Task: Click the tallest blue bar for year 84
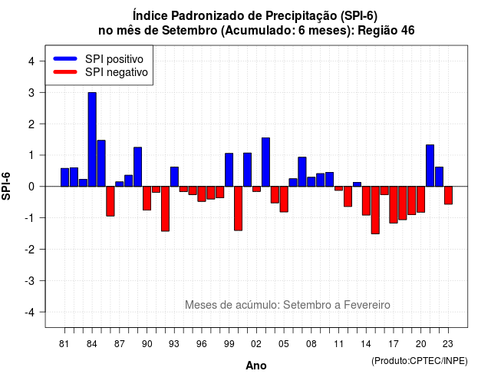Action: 92,140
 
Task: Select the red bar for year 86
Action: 110,201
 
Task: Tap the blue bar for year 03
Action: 265,162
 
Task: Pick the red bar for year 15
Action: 375,210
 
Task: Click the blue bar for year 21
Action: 430,166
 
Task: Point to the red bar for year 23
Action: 448,195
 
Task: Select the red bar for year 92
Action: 165,209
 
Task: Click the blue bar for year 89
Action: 138,167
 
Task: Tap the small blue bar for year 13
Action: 357,184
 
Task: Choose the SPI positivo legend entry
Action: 98,59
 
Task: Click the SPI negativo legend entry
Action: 101,72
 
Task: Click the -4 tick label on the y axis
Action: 30,313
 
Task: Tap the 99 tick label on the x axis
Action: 229,344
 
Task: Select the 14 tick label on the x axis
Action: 365,344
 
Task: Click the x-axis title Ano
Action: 256,366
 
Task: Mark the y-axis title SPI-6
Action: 6,186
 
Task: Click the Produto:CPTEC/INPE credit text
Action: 420,361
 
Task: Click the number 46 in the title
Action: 408,31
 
